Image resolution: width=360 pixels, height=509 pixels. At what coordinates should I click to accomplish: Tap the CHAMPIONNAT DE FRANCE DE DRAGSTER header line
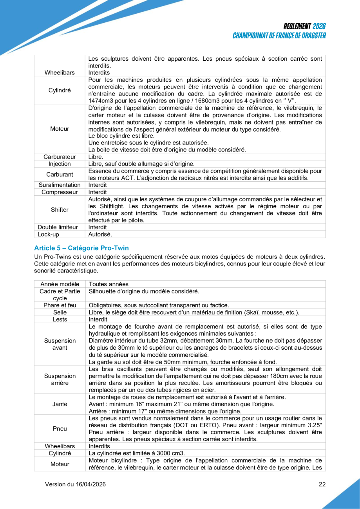click(279, 36)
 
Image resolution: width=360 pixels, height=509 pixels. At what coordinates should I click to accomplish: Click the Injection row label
click(60, 164)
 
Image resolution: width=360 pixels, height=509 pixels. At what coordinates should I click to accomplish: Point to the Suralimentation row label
click(60, 185)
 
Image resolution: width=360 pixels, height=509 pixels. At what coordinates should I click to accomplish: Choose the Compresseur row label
click(60, 192)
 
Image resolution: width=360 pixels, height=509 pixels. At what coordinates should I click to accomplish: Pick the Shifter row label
click(60, 209)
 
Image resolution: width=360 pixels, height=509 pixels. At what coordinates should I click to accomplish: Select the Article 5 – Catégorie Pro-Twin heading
click(81, 248)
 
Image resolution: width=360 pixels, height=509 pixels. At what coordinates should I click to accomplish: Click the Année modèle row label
click(60, 284)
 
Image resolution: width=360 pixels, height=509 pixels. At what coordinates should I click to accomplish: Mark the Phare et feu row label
click(60, 305)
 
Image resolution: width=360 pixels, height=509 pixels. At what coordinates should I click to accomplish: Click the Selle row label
click(60, 312)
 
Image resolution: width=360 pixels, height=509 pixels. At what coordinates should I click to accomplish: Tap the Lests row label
click(60, 319)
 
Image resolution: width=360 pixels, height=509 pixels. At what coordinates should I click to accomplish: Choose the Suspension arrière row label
click(60, 379)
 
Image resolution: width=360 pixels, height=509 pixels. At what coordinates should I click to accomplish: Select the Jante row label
click(60, 404)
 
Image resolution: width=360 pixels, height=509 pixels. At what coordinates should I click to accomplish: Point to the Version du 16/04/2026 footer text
click(75, 484)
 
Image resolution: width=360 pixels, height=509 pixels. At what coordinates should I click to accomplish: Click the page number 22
click(322, 484)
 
